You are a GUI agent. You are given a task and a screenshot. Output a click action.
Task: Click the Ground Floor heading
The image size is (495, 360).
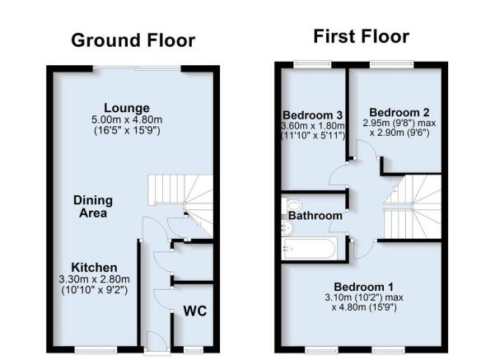(x=133, y=40)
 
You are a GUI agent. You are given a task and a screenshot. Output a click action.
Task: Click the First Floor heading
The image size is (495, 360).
(x=361, y=36)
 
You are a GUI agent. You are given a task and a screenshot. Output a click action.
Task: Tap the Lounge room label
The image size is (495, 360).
(x=127, y=108)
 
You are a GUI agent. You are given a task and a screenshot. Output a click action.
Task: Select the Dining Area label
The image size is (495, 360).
(x=93, y=207)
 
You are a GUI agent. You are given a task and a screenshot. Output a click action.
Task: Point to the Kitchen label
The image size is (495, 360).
(x=94, y=267)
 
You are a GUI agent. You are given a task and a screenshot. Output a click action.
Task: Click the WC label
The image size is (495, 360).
(x=195, y=311)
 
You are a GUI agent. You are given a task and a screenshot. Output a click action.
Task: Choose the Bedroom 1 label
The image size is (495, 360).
(x=364, y=287)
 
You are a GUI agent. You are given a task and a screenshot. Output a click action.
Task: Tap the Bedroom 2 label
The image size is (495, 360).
(x=399, y=112)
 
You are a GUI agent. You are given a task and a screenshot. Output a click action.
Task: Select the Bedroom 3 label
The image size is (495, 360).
(x=312, y=115)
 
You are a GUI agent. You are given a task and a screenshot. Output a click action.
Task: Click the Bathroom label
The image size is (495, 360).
(x=315, y=216)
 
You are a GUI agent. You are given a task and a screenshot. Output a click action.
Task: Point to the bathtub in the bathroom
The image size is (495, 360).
(x=310, y=249)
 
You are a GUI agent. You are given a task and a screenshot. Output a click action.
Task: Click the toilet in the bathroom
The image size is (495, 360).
(x=292, y=204)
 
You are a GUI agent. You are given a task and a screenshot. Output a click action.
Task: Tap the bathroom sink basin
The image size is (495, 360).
(x=287, y=228)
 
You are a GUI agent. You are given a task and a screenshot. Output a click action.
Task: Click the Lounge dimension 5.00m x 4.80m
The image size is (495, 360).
(x=127, y=119)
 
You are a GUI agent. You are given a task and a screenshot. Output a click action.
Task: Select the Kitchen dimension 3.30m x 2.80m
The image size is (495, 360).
(x=94, y=279)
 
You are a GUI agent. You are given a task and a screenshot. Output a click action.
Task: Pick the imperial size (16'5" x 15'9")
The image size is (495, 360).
(x=127, y=130)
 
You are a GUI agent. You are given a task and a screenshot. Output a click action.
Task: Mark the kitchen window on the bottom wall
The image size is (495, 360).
(x=96, y=350)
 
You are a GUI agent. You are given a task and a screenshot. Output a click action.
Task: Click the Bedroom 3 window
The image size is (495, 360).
(x=312, y=64)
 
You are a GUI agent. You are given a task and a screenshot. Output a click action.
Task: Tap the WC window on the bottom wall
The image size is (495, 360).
(x=194, y=350)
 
